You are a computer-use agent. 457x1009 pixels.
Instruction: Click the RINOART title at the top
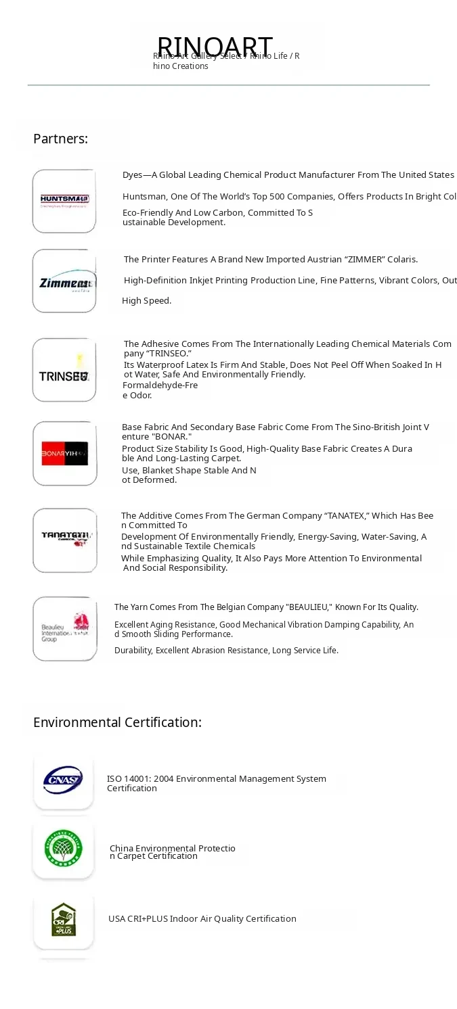coord(215,46)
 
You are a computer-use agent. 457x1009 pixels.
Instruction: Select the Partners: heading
coord(60,139)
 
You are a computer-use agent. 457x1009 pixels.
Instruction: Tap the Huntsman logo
coord(64,201)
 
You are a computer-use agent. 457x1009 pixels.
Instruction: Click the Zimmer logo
coord(64,281)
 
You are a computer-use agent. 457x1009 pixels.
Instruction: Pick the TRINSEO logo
coord(64,370)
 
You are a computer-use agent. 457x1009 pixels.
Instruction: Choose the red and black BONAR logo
coord(64,453)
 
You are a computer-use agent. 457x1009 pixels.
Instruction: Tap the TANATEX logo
coord(64,540)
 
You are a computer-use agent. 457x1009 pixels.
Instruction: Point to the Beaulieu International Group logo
coord(64,628)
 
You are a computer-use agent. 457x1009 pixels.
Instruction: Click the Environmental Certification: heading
coord(117,722)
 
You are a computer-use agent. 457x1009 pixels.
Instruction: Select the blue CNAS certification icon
coord(63,780)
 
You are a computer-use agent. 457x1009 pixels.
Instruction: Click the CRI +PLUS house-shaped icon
coord(63,920)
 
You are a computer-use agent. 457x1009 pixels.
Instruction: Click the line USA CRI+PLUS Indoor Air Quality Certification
coord(202,918)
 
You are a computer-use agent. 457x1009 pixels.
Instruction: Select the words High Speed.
coord(146,301)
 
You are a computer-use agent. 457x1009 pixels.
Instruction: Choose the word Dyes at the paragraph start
coord(133,175)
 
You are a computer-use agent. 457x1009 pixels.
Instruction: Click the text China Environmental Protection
coord(172,848)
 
